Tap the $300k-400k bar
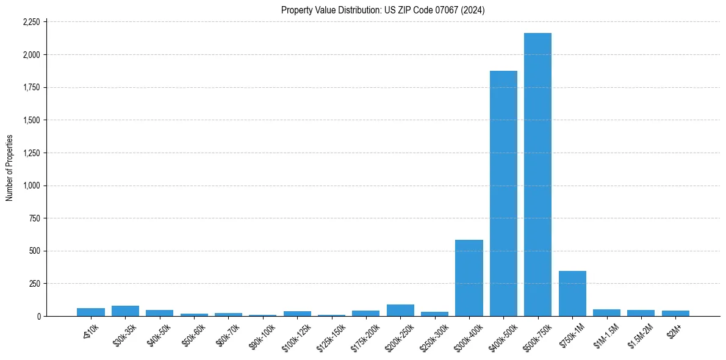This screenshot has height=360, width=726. click(469, 278)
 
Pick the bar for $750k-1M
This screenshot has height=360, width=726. click(572, 293)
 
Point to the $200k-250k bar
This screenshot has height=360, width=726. click(400, 310)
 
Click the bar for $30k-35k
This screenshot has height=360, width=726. click(125, 311)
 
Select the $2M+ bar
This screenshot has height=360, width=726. click(675, 313)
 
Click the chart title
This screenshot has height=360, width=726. click(383, 10)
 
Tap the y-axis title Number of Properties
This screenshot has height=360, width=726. click(10, 168)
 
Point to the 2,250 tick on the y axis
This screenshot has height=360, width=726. click(31, 22)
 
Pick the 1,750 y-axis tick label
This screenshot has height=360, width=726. click(31, 87)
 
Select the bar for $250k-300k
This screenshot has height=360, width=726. click(434, 314)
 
